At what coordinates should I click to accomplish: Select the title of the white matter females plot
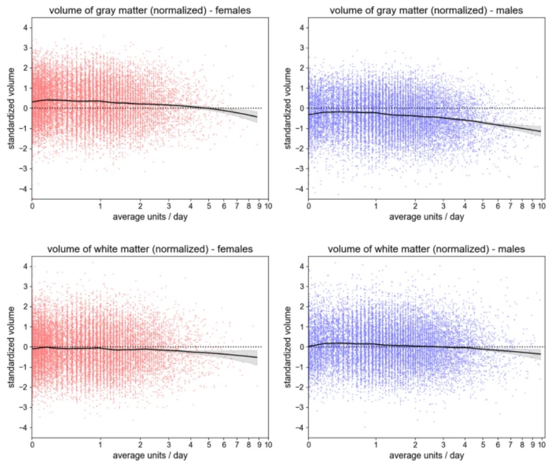150,249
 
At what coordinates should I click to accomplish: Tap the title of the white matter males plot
426,249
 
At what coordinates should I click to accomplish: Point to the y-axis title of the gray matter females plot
12,108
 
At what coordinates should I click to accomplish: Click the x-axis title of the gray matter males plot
426,217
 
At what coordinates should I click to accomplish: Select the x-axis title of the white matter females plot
150,455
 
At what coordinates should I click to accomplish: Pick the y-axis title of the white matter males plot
288,347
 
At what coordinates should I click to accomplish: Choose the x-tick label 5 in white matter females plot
208,445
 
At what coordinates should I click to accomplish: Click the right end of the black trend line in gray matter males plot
540,131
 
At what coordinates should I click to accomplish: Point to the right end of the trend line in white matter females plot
257,357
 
